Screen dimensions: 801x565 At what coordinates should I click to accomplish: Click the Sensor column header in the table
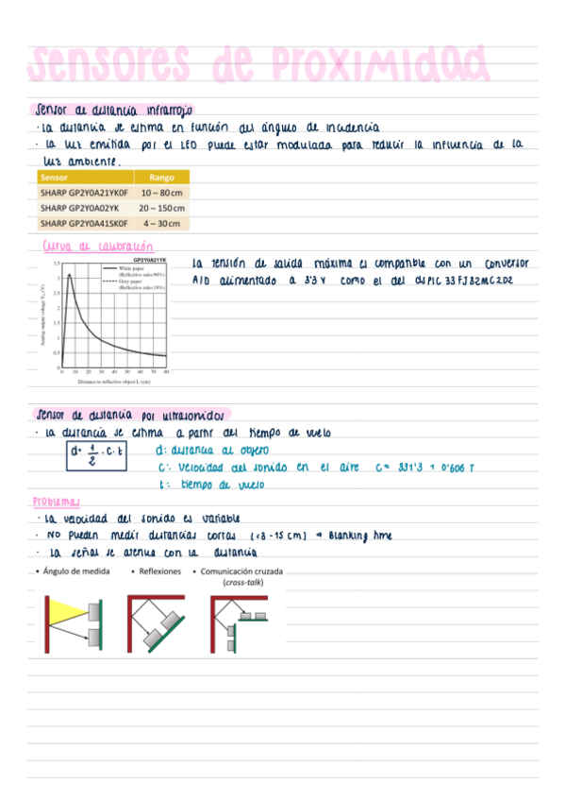53,177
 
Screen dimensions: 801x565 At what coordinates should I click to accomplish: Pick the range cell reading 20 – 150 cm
161,207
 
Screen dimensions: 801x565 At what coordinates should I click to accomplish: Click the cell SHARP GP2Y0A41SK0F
83,223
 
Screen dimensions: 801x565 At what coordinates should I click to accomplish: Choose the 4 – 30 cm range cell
161,223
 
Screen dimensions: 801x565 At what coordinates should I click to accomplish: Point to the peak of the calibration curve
70,276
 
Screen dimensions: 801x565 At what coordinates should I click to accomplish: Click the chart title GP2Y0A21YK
150,258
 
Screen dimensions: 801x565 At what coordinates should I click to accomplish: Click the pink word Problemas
57,502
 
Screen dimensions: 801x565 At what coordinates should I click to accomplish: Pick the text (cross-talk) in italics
242,583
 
